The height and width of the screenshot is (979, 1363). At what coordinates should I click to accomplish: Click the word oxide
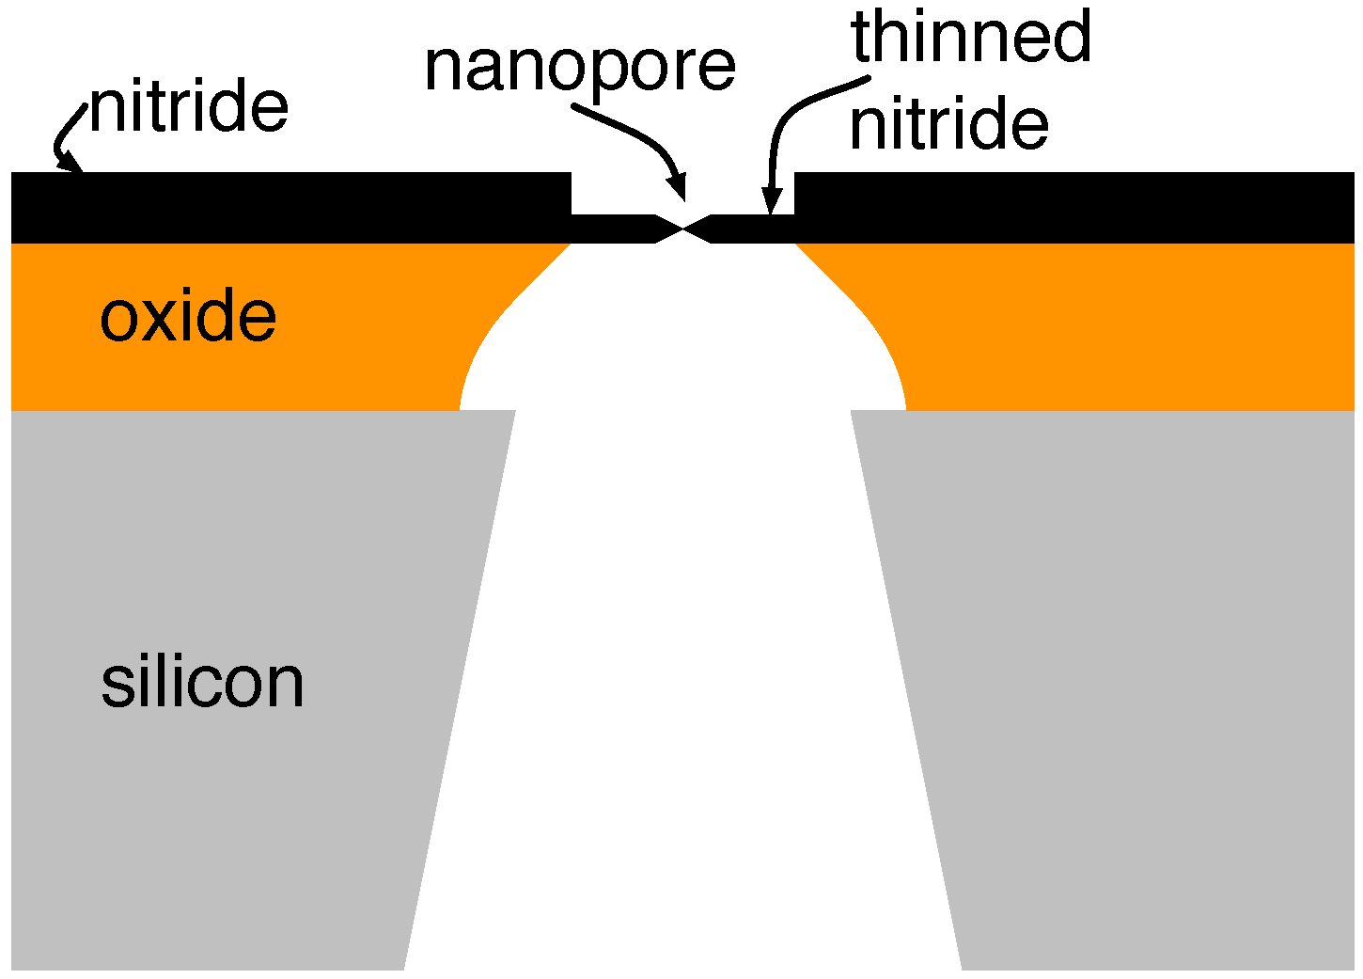click(x=188, y=317)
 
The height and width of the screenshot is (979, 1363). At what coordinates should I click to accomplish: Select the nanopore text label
click(x=580, y=68)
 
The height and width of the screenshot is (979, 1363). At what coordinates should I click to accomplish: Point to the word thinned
click(x=971, y=38)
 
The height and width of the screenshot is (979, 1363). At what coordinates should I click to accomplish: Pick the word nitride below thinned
click(x=948, y=125)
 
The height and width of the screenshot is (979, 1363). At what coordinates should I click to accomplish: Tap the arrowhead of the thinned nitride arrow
click(x=771, y=201)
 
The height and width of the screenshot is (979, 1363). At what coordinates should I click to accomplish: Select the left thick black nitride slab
click(x=282, y=207)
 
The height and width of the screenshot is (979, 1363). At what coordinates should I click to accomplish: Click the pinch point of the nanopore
click(x=683, y=229)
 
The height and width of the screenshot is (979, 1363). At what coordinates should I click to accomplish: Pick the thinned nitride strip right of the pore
click(x=752, y=229)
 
